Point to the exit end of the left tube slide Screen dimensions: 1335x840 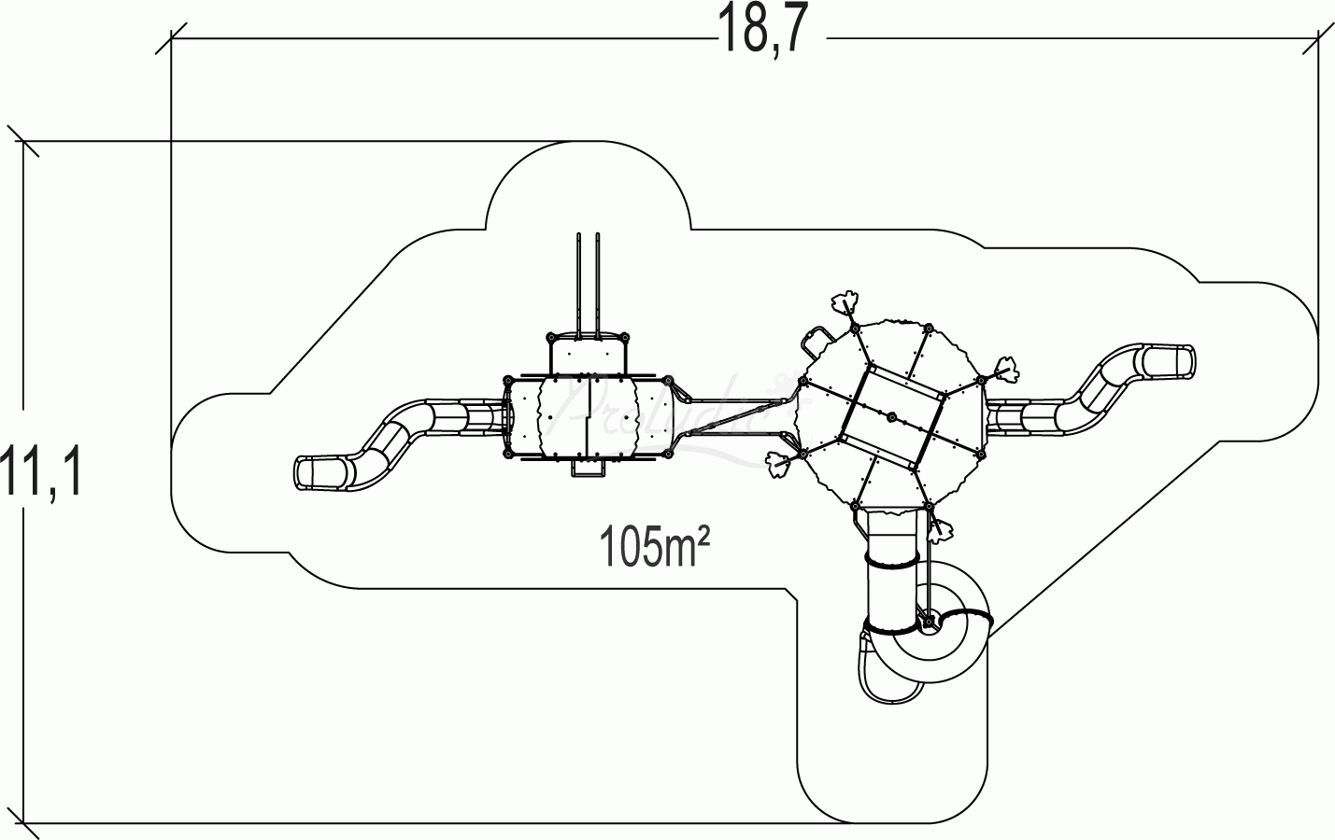click(x=318, y=473)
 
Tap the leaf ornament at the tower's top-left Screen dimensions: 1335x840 click(x=846, y=304)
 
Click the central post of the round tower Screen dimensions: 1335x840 click(x=892, y=416)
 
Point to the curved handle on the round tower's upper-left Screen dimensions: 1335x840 click(x=816, y=337)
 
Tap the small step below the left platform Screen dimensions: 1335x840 click(x=587, y=471)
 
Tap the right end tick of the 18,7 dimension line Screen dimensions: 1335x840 click(x=1318, y=39)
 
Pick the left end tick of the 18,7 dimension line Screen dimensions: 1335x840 click(x=170, y=39)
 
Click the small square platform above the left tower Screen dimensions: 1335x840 click(x=586, y=354)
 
